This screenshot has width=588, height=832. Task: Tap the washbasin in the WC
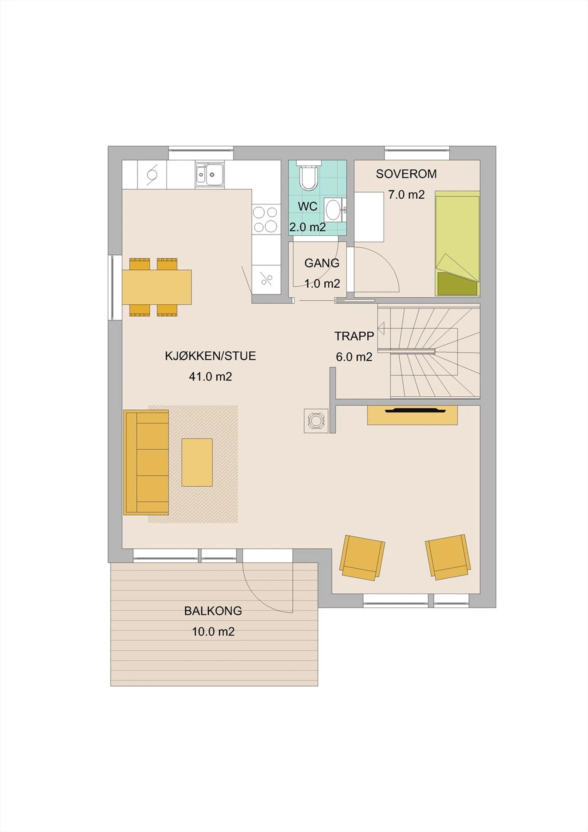pos(333,209)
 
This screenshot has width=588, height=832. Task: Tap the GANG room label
pos(322,263)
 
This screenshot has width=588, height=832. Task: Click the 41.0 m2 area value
pos(210,377)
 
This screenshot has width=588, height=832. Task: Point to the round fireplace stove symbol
pos(316,421)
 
